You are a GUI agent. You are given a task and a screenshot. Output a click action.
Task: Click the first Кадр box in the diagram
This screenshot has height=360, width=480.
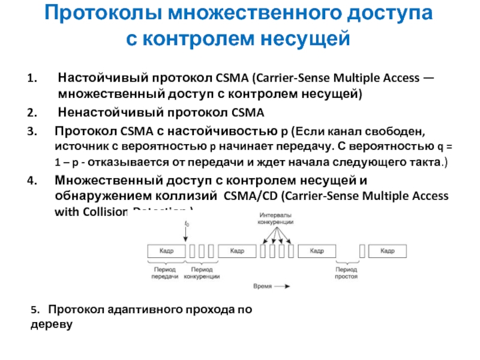tap(166, 251)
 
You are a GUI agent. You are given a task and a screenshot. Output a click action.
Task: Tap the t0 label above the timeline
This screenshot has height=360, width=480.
tap(187, 224)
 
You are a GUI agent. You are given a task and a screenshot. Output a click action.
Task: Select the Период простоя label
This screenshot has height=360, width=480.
tap(347, 274)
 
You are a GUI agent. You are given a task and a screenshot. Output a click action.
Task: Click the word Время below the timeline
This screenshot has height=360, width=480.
tap(263, 287)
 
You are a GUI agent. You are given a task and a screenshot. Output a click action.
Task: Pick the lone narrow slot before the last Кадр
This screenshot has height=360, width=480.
tap(362, 251)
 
